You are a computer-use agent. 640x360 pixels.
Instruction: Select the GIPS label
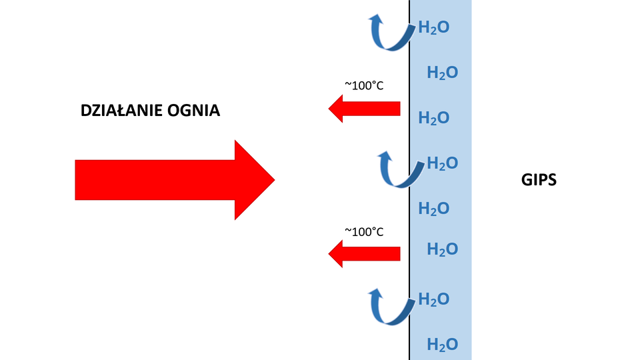click(x=539, y=180)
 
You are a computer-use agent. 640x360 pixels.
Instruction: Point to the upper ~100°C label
click(x=364, y=85)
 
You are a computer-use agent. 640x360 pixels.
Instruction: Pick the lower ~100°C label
click(x=364, y=231)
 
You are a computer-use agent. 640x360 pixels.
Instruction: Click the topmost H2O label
click(x=433, y=28)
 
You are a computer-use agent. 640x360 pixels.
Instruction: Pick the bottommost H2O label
click(x=442, y=345)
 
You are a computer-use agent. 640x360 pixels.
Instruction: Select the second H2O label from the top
click(x=442, y=73)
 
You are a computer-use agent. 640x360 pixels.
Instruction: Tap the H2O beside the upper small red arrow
click(x=433, y=119)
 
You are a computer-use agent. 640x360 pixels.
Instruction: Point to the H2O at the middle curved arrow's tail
click(x=442, y=163)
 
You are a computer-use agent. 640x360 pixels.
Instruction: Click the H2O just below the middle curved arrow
click(x=433, y=209)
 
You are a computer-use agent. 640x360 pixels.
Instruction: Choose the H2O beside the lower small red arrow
click(x=442, y=250)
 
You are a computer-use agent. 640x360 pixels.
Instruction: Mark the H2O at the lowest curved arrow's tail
click(x=433, y=299)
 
